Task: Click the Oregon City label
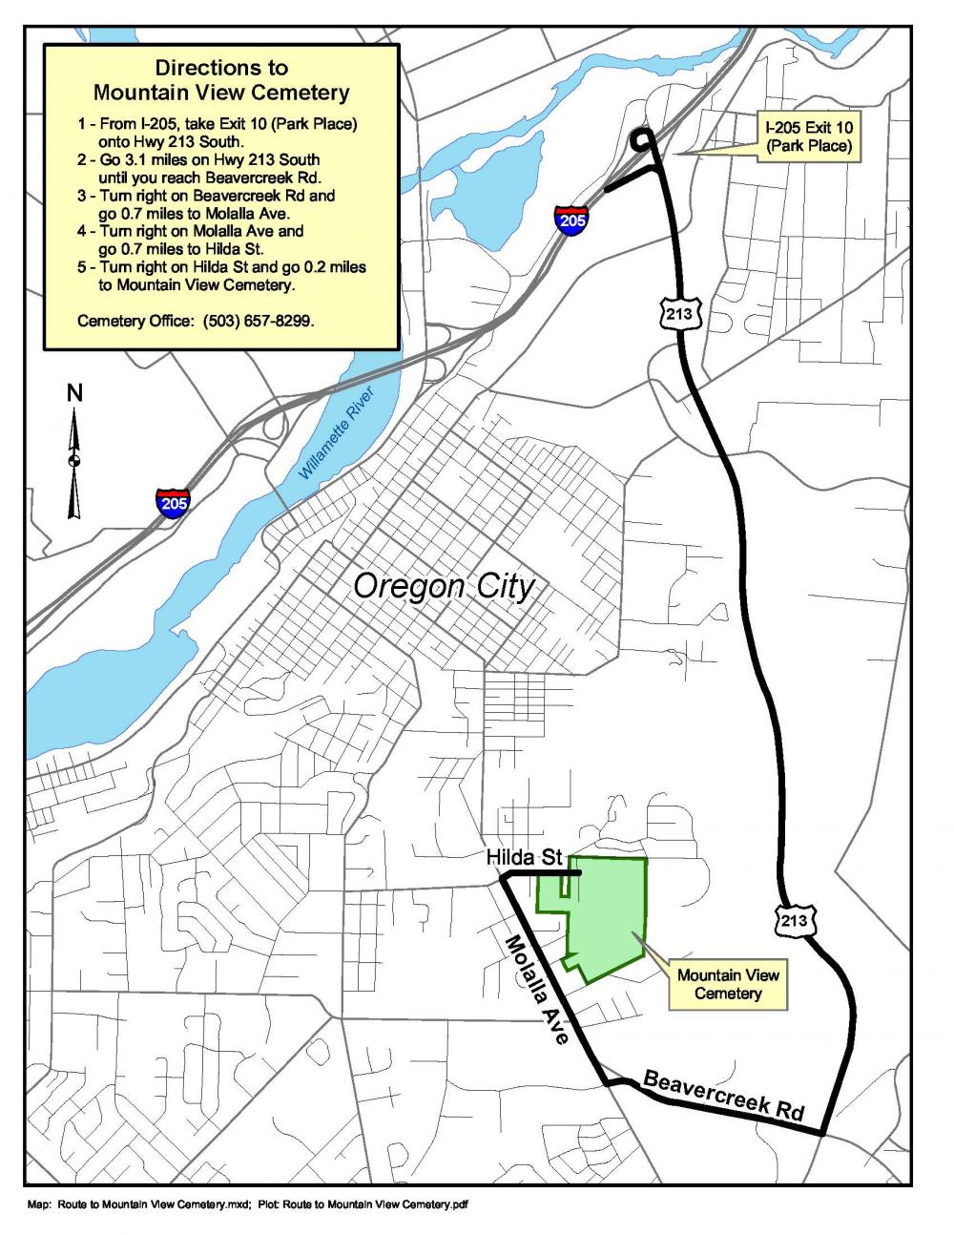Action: [x=444, y=586]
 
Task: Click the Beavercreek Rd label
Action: [x=724, y=1096]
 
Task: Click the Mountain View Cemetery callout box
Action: [x=728, y=984]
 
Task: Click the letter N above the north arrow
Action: [x=74, y=392]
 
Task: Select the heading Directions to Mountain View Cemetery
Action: [x=221, y=81]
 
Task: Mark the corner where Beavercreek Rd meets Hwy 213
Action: [x=822, y=1133]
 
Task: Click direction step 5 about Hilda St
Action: [x=221, y=275]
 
